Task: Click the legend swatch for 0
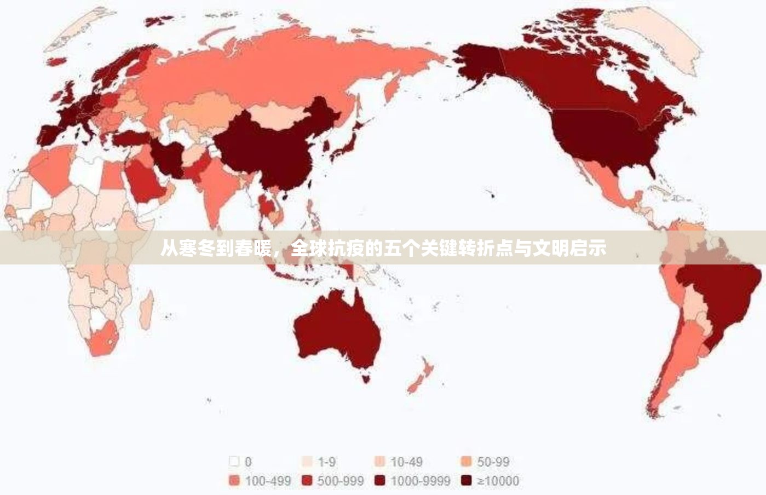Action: [234, 462]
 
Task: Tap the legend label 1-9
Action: [327, 462]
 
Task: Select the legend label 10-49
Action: [406, 462]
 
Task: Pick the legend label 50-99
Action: [493, 462]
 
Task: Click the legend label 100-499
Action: [268, 481]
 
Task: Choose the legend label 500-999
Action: [340, 481]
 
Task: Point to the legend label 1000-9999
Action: [420, 481]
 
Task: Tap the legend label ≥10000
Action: [498, 481]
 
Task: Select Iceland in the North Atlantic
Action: [56, 62]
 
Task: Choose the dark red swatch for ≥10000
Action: [466, 481]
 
